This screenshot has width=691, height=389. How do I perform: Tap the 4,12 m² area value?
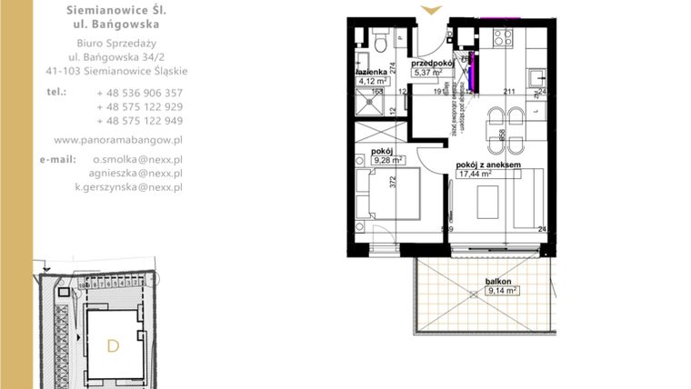[x=375, y=81]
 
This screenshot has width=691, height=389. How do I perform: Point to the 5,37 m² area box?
[x=432, y=73]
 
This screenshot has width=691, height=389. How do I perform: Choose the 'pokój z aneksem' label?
[x=488, y=165]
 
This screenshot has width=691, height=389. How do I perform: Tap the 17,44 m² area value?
[x=476, y=174]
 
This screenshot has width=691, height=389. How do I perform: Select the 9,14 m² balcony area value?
[x=503, y=291]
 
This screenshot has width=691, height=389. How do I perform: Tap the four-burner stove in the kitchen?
[x=503, y=37]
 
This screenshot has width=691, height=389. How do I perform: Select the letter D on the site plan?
[x=113, y=345]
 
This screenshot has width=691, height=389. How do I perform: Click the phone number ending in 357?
[x=139, y=93]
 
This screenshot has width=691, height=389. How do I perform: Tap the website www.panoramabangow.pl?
[x=118, y=140]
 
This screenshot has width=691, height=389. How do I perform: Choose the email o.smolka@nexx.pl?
[x=137, y=158]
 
